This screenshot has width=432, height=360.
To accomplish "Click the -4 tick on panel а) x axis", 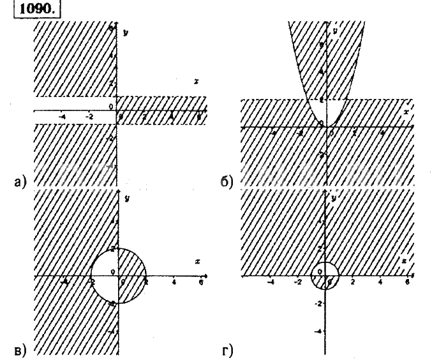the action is (x=62, y=116).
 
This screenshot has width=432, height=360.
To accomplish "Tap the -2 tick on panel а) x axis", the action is (x=89, y=116).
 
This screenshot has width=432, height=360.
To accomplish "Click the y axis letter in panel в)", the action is (x=128, y=199).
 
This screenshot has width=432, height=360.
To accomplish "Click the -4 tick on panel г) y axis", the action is (x=318, y=331).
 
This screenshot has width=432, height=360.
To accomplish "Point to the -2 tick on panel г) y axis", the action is (x=317, y=304).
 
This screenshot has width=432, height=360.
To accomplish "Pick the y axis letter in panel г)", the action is (x=333, y=199).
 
